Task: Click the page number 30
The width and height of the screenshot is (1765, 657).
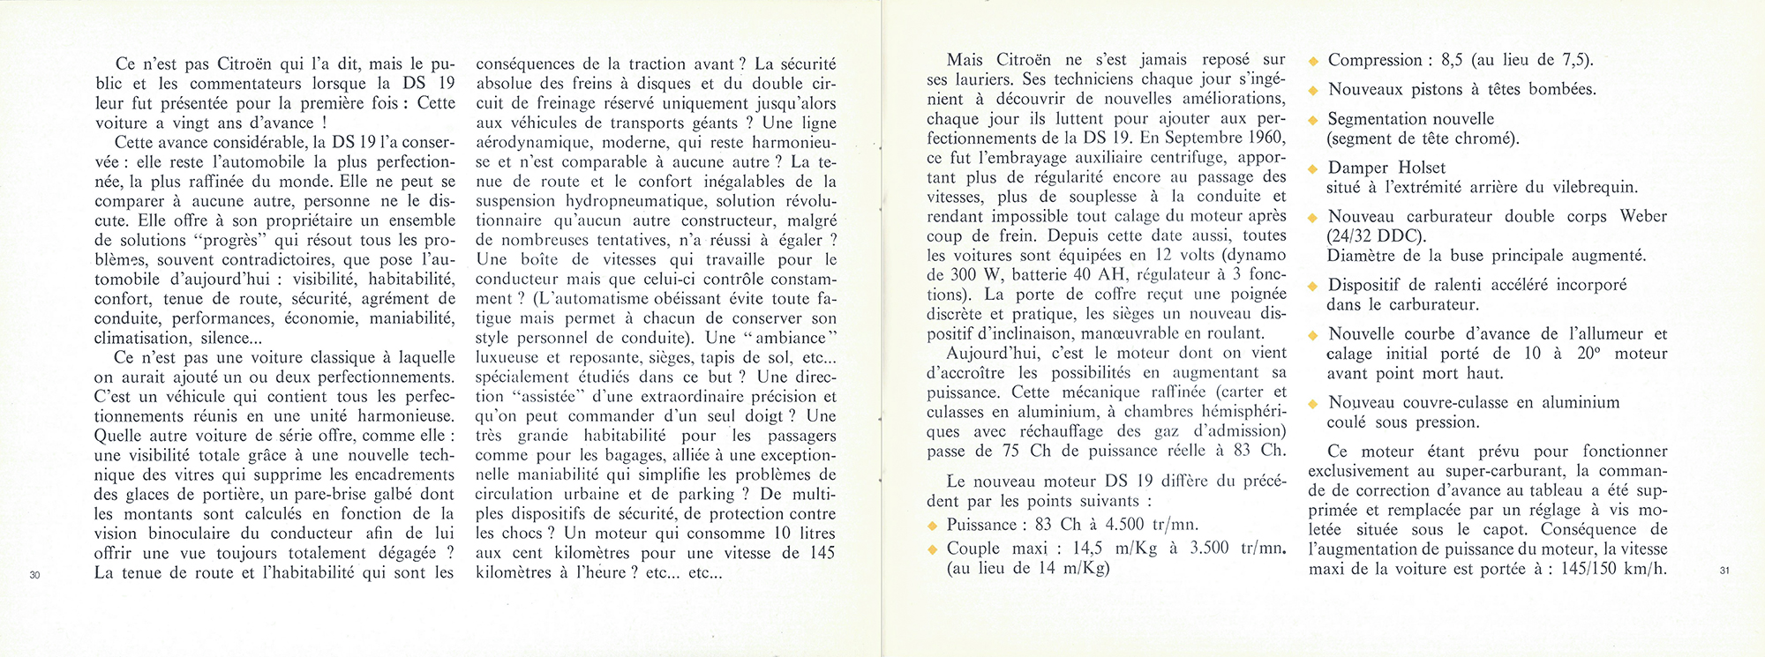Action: pos(34,575)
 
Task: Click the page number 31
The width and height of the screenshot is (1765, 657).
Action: pos(1724,571)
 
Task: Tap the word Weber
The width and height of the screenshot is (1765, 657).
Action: pos(1643,217)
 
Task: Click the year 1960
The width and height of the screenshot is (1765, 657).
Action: pos(1266,138)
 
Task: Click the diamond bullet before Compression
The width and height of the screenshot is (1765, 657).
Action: pos(1313,62)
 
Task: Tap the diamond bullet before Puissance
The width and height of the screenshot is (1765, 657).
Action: pos(932,526)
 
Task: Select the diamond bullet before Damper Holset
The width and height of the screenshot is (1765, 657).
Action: pos(1313,168)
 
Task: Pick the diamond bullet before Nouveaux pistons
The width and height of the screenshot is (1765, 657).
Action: pos(1313,91)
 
